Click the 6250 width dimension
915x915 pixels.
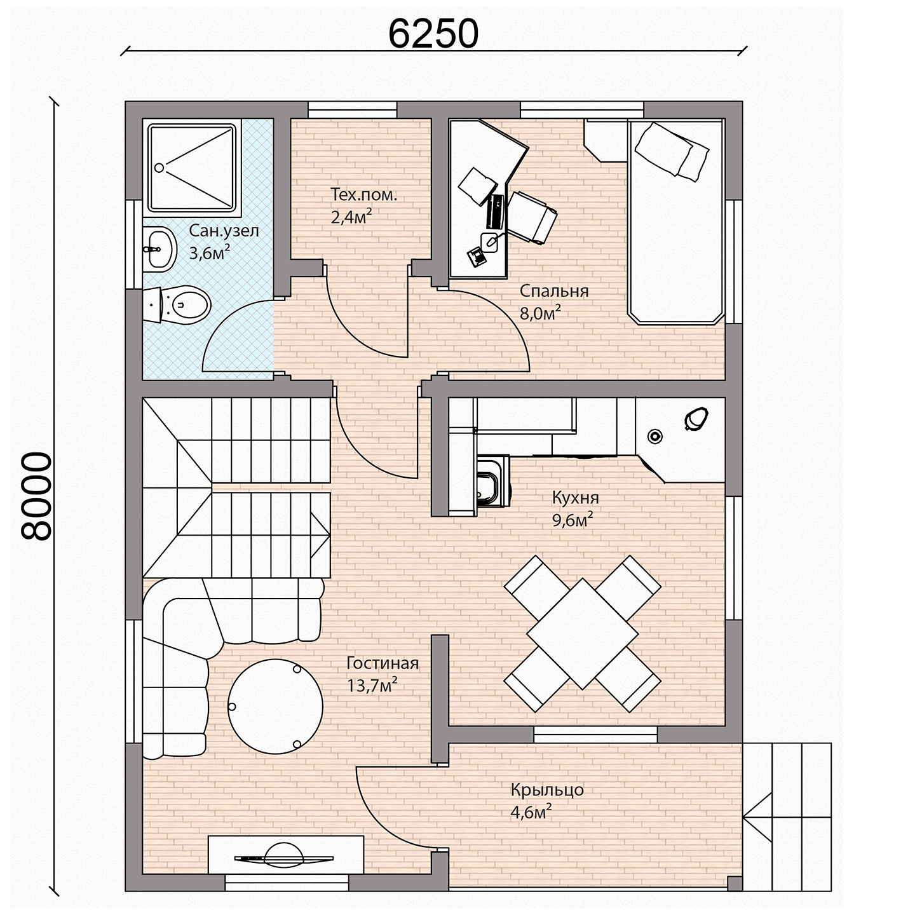coord(433,34)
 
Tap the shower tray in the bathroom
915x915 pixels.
coord(192,167)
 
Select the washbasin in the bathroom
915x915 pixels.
coord(159,249)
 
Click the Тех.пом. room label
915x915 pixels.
coord(363,194)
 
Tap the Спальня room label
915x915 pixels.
coord(553,290)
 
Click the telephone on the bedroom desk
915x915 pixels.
coord(477,257)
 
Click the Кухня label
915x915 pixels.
coord(575,498)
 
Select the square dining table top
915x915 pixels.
coord(582,634)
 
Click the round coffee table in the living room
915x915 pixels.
coord(275,706)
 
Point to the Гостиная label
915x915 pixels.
coord(383,663)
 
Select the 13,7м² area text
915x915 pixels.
coord(372,685)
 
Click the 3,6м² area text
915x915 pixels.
coord(210,253)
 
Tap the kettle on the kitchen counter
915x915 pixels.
coord(696,419)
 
